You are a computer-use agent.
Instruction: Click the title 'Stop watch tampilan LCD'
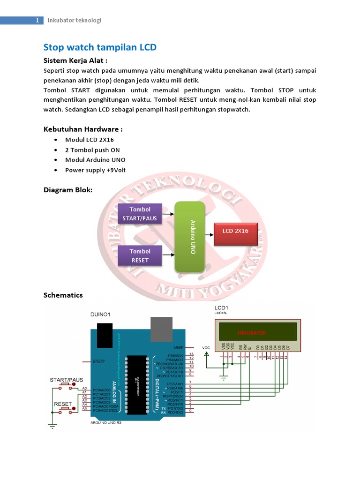100,47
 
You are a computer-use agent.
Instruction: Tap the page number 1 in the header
37,20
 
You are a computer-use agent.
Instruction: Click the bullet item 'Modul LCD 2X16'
89,140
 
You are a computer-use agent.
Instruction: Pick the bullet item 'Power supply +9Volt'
95,170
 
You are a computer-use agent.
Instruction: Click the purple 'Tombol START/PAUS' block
140,214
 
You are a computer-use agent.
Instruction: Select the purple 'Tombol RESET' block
140,255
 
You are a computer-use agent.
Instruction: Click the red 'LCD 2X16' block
235,231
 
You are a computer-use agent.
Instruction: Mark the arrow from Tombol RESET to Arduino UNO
168,255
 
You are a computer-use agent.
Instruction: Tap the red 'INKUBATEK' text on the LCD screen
252,332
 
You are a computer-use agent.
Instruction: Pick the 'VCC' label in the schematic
206,347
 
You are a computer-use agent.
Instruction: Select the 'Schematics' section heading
63,295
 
